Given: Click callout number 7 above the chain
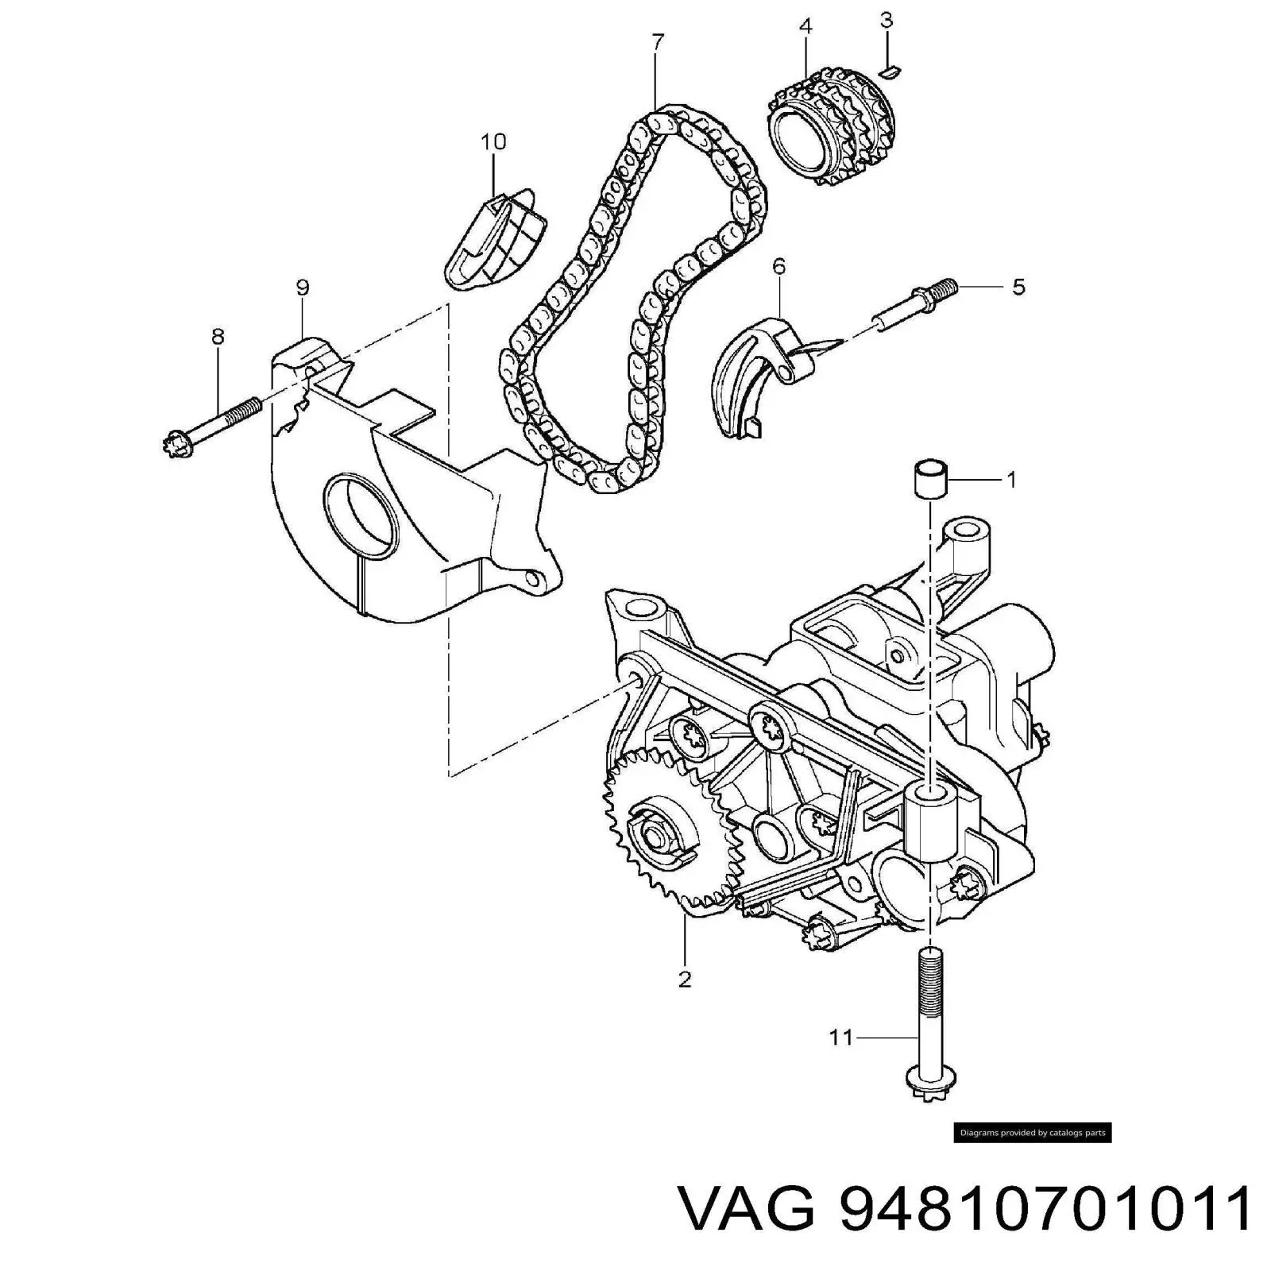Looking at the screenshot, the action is coord(657,42).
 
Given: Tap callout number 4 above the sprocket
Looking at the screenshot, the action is coord(805,26).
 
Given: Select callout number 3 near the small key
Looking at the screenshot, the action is coord(887,20).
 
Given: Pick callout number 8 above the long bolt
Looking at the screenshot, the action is coord(218,336).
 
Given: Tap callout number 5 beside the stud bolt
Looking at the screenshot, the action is coord(1018,286).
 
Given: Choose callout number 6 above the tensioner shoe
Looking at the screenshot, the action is coord(778,266).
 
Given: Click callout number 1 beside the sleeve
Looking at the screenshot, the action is coord(1011,480).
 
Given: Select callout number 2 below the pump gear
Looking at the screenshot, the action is coord(685,979).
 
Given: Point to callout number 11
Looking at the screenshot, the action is coord(840,1037).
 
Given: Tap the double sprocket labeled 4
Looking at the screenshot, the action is coord(829,127).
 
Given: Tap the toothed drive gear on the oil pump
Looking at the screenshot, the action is coord(666,838).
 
